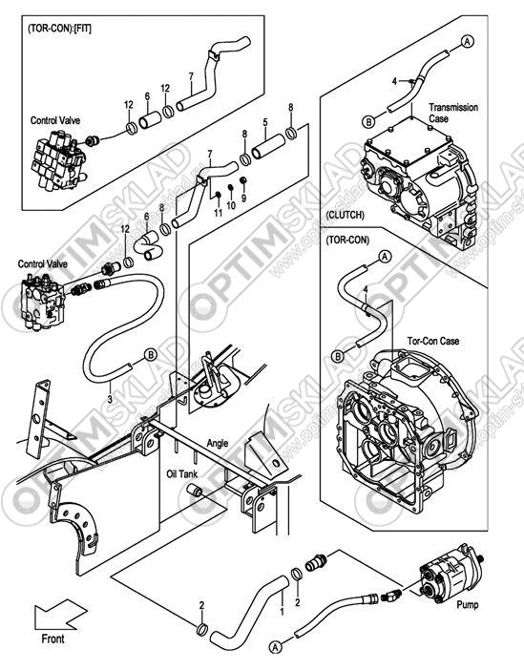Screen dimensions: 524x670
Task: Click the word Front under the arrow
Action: (52, 639)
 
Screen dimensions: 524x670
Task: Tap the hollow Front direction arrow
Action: (60, 616)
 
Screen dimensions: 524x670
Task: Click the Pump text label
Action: (468, 605)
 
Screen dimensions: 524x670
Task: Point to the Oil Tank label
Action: (182, 474)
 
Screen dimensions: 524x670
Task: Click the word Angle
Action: (218, 444)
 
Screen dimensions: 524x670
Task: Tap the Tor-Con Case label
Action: (433, 341)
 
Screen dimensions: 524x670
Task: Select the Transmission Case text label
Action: (453, 113)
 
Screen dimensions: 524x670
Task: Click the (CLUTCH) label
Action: (345, 215)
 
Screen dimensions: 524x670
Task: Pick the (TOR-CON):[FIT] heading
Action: (59, 29)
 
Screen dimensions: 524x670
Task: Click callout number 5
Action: (265, 122)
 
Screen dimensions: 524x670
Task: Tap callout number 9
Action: (244, 199)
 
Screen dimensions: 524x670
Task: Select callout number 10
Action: (231, 206)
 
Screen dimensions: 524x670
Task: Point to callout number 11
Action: (219, 213)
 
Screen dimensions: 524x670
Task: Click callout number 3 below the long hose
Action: (110, 400)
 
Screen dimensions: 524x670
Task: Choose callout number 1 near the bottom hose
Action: (282, 612)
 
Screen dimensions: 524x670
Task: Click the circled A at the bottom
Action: (276, 647)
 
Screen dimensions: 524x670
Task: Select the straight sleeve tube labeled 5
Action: (268, 146)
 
